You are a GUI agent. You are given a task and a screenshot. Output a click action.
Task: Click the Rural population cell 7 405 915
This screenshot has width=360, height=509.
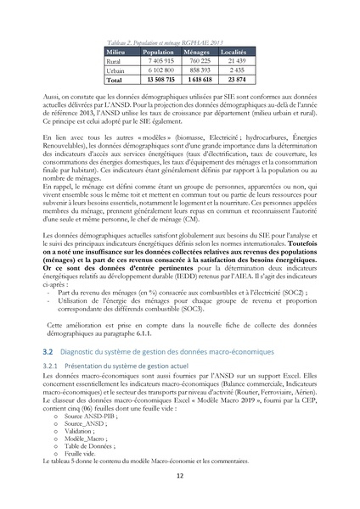pyautogui.click(x=155, y=62)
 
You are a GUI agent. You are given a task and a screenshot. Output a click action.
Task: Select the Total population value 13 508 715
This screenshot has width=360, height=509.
pyautogui.click(x=154, y=80)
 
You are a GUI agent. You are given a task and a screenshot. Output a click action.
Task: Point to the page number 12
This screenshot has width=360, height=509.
pyautogui.click(x=179, y=476)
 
